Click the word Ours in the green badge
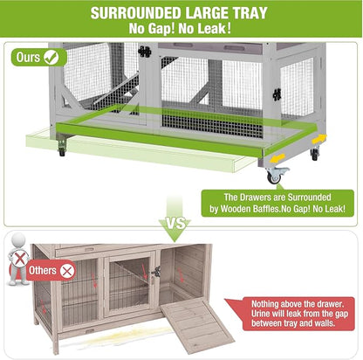pos(28,58)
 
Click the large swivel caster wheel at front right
pos(276,176)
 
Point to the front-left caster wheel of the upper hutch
pos(61,151)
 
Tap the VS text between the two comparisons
pos(178,225)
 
